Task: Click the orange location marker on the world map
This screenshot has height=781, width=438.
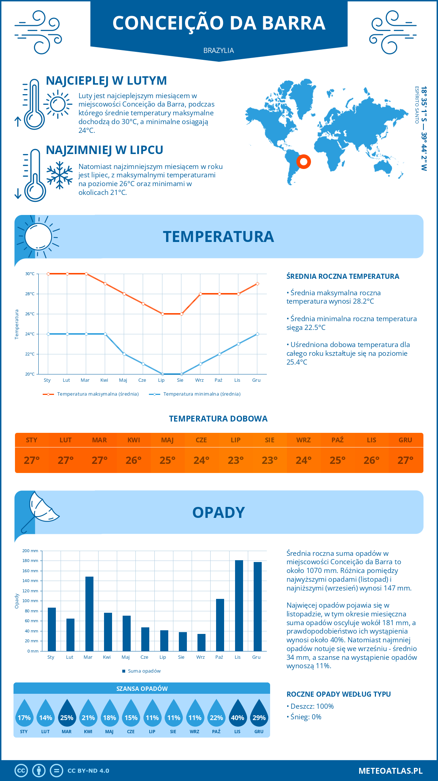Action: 303,161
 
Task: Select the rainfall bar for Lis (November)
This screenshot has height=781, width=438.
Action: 239,606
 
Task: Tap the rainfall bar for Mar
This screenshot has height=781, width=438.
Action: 89,614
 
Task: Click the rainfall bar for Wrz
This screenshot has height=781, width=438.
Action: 201,642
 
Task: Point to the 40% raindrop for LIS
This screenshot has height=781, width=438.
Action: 238,713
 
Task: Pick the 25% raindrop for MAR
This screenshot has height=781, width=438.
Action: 67,713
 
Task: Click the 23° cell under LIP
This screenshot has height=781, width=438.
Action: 235,460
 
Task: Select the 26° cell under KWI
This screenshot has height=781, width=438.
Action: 134,460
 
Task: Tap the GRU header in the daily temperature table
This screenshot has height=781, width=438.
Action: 405,440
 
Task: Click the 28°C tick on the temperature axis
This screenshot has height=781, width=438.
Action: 30,294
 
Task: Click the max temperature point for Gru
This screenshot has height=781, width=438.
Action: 257,284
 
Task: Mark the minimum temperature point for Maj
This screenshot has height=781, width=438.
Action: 124,354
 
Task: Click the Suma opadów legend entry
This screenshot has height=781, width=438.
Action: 144,671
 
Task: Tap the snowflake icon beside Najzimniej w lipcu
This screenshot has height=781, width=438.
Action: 59,175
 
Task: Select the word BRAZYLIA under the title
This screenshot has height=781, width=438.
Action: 219,50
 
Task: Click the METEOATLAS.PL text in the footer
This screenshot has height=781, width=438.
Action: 390,770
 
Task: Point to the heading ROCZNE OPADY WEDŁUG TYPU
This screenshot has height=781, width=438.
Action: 338,694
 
